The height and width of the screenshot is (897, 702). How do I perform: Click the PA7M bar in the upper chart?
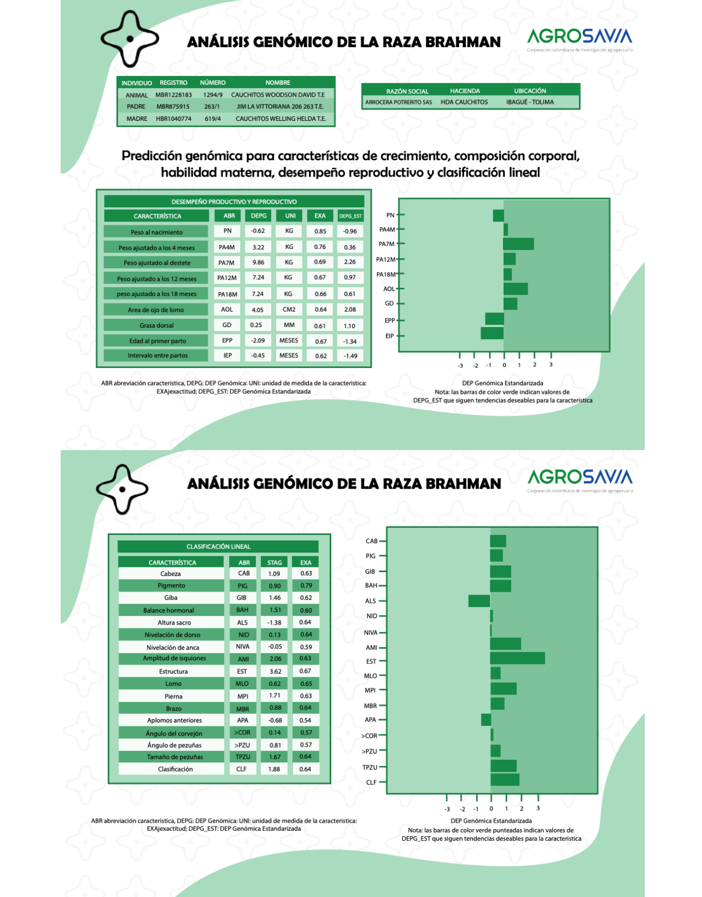click(x=518, y=244)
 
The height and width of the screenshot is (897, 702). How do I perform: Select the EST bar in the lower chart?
click(x=517, y=658)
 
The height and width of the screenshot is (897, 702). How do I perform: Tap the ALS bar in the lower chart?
click(x=479, y=601)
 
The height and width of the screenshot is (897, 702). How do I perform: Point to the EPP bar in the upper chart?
click(x=494, y=319)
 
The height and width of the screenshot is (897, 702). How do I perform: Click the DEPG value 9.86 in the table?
click(x=258, y=263)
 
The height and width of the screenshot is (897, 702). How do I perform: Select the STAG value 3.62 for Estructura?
click(x=275, y=671)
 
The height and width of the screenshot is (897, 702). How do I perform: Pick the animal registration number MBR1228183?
click(x=174, y=95)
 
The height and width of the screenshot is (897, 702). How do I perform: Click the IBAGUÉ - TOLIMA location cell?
click(x=529, y=102)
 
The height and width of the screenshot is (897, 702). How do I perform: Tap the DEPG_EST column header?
click(x=350, y=216)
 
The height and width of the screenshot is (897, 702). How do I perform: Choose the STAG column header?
click(x=274, y=562)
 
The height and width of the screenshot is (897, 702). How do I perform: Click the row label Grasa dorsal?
click(x=156, y=325)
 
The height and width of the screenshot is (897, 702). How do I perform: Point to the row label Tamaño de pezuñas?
click(x=174, y=757)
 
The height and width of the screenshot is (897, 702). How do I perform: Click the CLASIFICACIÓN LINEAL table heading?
click(x=218, y=546)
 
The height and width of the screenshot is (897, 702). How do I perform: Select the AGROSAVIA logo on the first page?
click(x=580, y=38)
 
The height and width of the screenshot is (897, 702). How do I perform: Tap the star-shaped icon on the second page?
click(x=122, y=489)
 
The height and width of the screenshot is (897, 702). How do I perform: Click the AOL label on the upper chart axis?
click(x=389, y=289)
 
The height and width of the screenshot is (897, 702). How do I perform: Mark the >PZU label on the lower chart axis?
click(x=370, y=751)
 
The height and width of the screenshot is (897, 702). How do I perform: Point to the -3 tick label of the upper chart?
click(x=460, y=365)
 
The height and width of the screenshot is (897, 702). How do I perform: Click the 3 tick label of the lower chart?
click(x=538, y=808)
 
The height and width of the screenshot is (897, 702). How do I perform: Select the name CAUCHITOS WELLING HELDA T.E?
click(x=280, y=119)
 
